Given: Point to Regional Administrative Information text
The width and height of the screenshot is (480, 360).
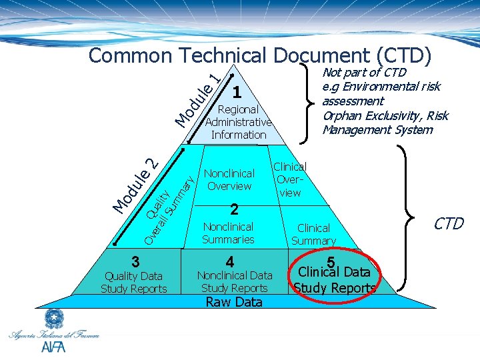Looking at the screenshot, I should point(238,122).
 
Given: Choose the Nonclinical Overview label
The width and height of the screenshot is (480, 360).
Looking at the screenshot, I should point(229,180).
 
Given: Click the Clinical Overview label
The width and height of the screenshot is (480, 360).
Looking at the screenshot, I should point(290,180).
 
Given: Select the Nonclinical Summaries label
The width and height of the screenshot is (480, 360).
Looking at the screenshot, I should point(228,233).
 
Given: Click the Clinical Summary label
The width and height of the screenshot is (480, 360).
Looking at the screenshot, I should point(313,234).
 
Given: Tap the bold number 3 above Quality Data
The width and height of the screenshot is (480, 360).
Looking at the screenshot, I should point(135,261).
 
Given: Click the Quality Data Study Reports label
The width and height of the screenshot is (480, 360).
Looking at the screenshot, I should point(134,282).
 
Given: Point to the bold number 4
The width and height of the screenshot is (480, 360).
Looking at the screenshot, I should point(230,261).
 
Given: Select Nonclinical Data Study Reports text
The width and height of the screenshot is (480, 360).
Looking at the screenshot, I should point(234,281).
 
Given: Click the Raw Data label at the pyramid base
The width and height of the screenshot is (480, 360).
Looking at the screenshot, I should point(234,302).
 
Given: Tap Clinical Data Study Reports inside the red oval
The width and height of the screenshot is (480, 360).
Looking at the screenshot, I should point(335,279).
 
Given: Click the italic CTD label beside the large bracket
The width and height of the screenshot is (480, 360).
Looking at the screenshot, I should point(448,224).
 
